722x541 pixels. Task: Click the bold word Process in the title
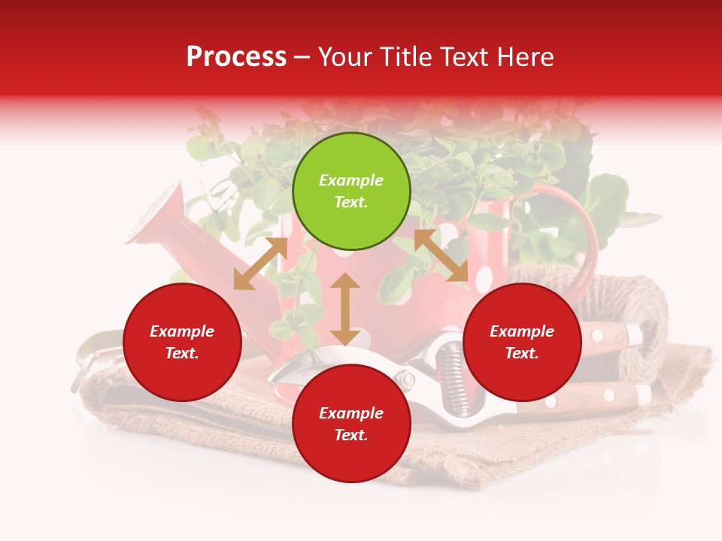click(x=236, y=57)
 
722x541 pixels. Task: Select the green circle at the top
click(x=351, y=192)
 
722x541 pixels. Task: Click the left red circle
click(x=182, y=343)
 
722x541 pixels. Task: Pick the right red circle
click(x=522, y=343)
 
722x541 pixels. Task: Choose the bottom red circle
click(x=351, y=425)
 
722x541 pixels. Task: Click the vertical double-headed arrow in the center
click(x=345, y=309)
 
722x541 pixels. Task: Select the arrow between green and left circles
click(x=260, y=264)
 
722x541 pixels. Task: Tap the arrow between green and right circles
click(x=441, y=255)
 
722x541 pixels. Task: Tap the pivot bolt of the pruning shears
click(x=407, y=379)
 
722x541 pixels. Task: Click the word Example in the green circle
click(x=351, y=180)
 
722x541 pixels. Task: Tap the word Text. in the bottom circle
click(x=351, y=435)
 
